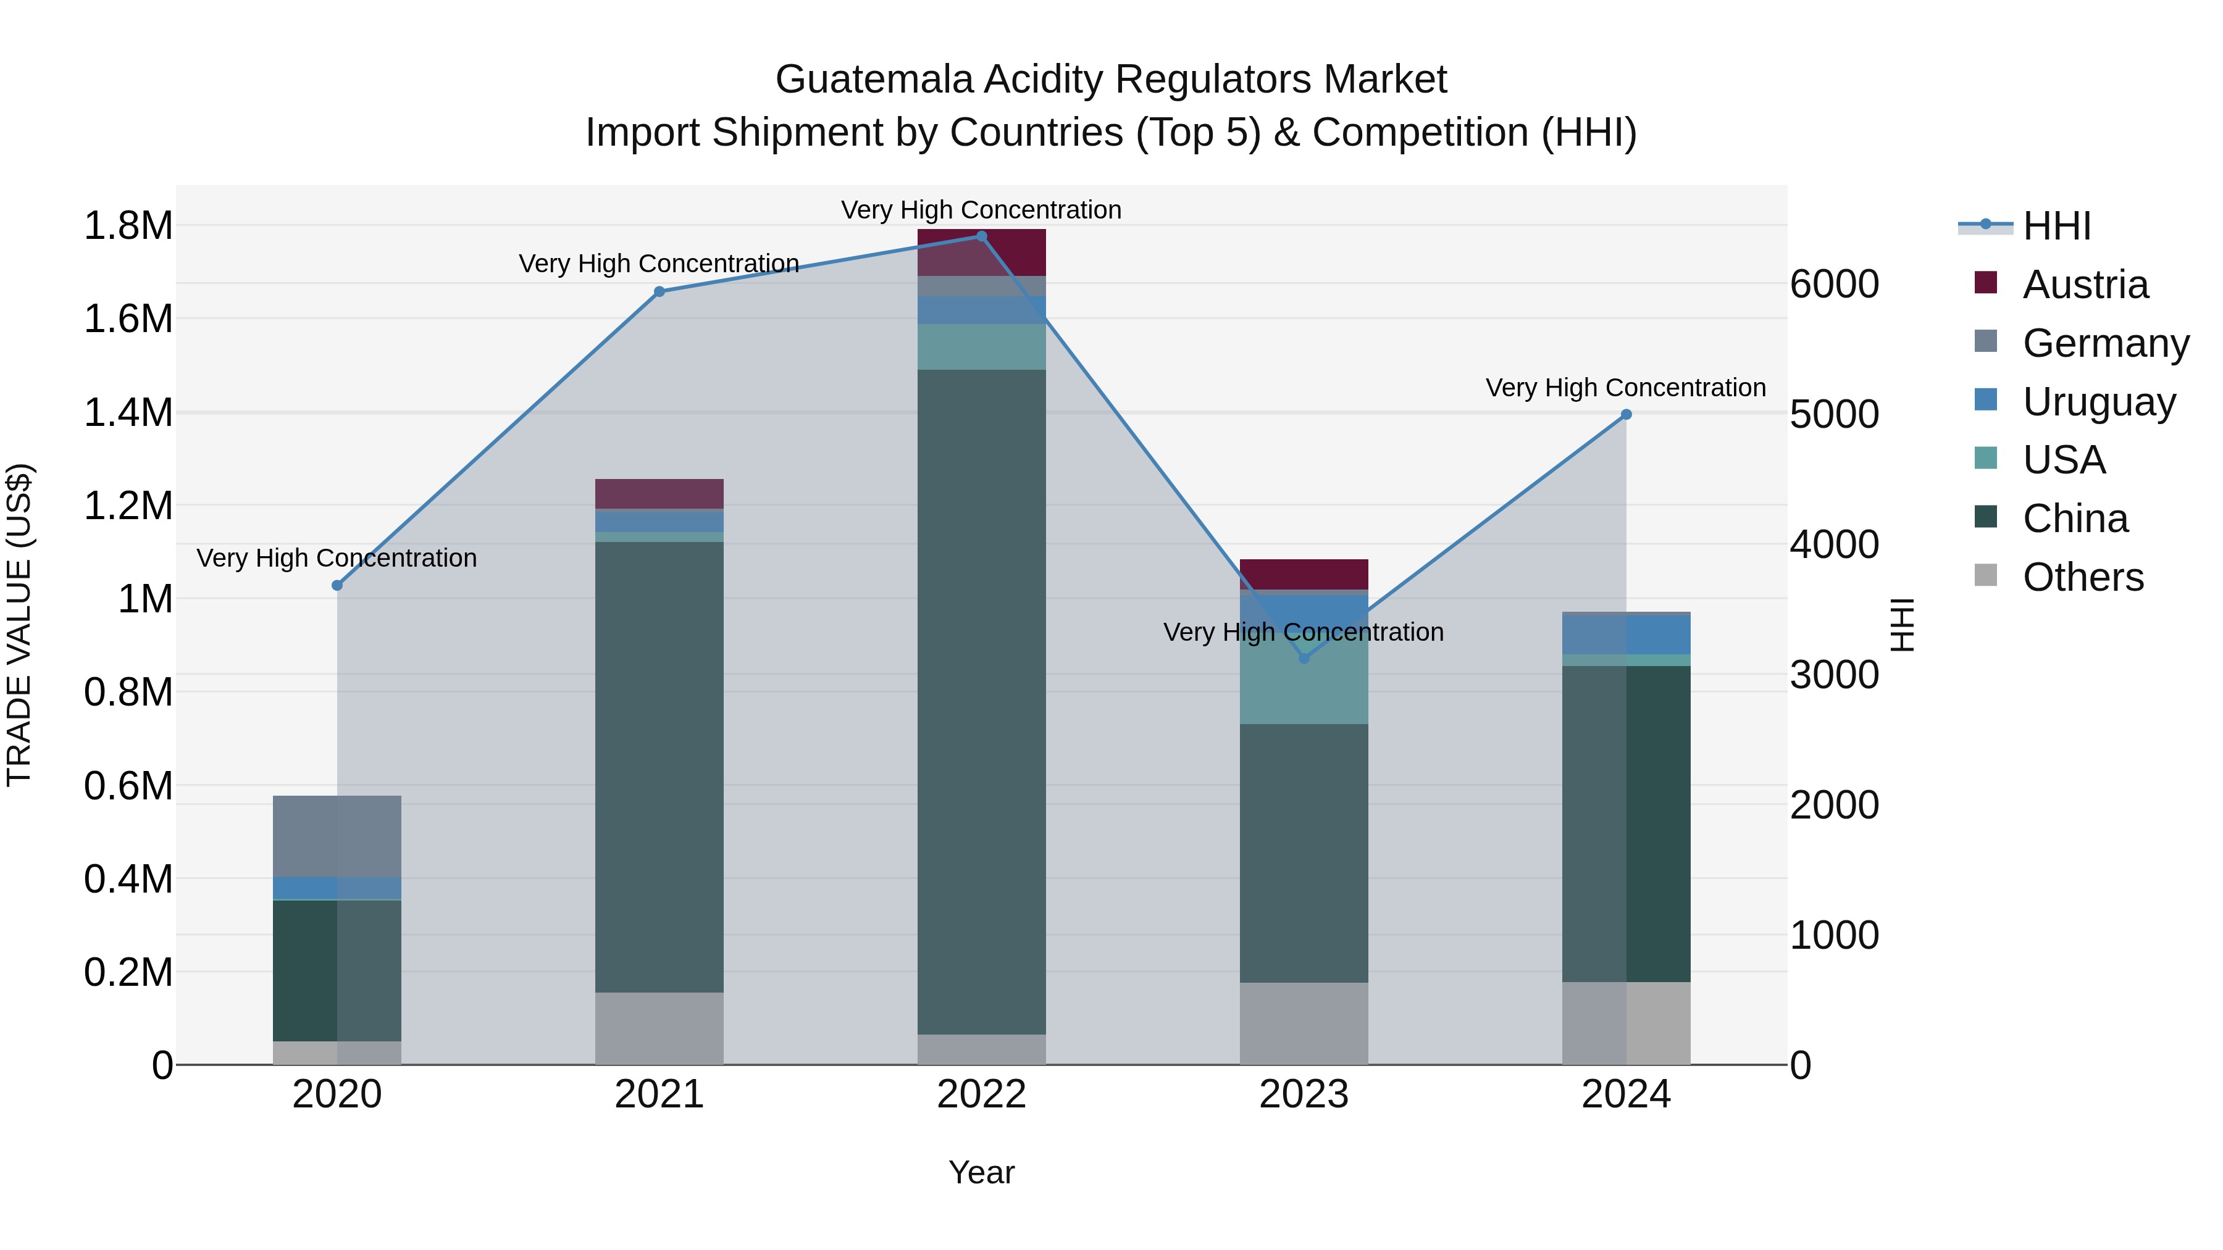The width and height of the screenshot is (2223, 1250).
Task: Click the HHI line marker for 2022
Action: pyautogui.click(x=981, y=236)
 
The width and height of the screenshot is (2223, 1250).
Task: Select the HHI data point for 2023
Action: pyautogui.click(x=1304, y=658)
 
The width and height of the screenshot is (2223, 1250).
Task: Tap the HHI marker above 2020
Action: pyautogui.click(x=337, y=586)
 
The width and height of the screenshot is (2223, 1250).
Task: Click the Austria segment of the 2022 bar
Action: pyautogui.click(x=981, y=252)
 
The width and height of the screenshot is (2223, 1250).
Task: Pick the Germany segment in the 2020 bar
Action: pyautogui.click(x=337, y=836)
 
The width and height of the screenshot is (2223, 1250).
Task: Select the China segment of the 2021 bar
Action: pyautogui.click(x=659, y=766)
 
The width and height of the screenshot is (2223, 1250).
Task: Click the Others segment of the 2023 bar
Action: pyautogui.click(x=1304, y=1023)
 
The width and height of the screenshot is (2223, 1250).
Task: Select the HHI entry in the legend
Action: pyautogui.click(x=2056, y=226)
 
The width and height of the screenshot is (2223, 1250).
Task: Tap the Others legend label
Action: pyautogui.click(x=2082, y=577)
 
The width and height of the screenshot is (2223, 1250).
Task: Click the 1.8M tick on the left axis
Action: pyautogui.click(x=128, y=226)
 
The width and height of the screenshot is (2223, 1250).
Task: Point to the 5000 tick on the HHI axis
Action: pyautogui.click(x=1834, y=415)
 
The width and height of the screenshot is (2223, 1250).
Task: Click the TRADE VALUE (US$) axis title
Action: pyautogui.click(x=19, y=625)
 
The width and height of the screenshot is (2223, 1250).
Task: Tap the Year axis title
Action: pyautogui.click(x=981, y=1172)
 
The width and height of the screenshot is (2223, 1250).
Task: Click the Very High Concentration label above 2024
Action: pyautogui.click(x=1625, y=388)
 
